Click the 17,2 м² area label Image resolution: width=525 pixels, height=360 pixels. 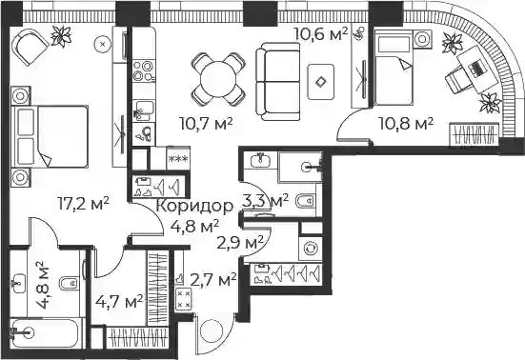click(83, 204)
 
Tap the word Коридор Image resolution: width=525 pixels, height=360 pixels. click(194, 206)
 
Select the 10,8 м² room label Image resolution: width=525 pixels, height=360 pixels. click(406, 124)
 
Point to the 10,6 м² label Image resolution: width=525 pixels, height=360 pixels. click(321, 33)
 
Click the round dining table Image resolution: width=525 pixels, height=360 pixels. click(218, 80)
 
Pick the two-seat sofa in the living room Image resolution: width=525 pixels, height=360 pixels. click(277, 81)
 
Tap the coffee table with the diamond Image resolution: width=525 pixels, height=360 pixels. click(321, 82)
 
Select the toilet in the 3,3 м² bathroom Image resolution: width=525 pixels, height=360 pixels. click(306, 201)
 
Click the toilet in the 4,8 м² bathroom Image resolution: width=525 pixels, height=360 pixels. click(70, 284)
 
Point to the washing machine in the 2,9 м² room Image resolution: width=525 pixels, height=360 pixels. click(311, 249)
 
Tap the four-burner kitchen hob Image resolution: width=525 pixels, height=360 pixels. click(144, 70)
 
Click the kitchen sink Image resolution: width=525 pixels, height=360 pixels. click(144, 110)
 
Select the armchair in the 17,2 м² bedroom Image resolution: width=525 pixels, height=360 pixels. click(30, 45)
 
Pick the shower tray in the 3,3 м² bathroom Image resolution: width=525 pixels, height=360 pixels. click(300, 167)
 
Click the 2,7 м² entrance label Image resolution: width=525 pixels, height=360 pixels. click(213, 280)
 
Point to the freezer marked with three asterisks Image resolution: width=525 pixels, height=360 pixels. click(178, 158)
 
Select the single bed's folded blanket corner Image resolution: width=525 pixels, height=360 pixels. click(406, 63)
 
